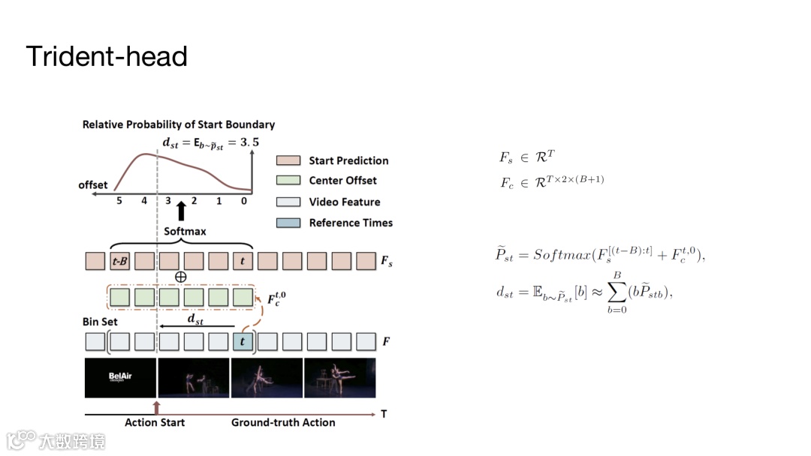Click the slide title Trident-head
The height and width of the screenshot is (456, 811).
pos(107,56)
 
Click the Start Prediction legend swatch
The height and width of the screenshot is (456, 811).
pos(289,160)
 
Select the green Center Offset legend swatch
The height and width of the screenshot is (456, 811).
pos(289,181)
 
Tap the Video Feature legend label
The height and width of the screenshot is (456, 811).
pos(344,202)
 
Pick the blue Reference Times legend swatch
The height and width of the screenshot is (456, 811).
pos(289,223)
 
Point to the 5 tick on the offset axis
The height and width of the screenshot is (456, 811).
pos(119,201)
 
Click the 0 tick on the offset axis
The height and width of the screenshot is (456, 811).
pos(244,201)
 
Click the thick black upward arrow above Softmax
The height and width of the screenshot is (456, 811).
pos(180,211)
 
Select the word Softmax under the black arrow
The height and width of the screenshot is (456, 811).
pos(185,231)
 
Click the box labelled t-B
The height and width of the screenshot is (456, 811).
pos(120,262)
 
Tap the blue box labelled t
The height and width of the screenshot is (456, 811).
pos(243,342)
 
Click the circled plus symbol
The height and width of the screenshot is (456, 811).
pos(180,277)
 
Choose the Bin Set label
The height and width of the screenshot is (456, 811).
pos(100,322)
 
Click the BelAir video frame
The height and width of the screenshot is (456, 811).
pos(120,377)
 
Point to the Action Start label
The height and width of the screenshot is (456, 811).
pos(155,422)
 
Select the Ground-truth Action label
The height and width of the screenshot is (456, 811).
pos(283,422)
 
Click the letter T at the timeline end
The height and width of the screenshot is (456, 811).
pos(384,414)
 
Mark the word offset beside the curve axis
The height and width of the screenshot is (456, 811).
pos(93,184)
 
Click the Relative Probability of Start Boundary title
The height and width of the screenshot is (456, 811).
pos(179,124)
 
